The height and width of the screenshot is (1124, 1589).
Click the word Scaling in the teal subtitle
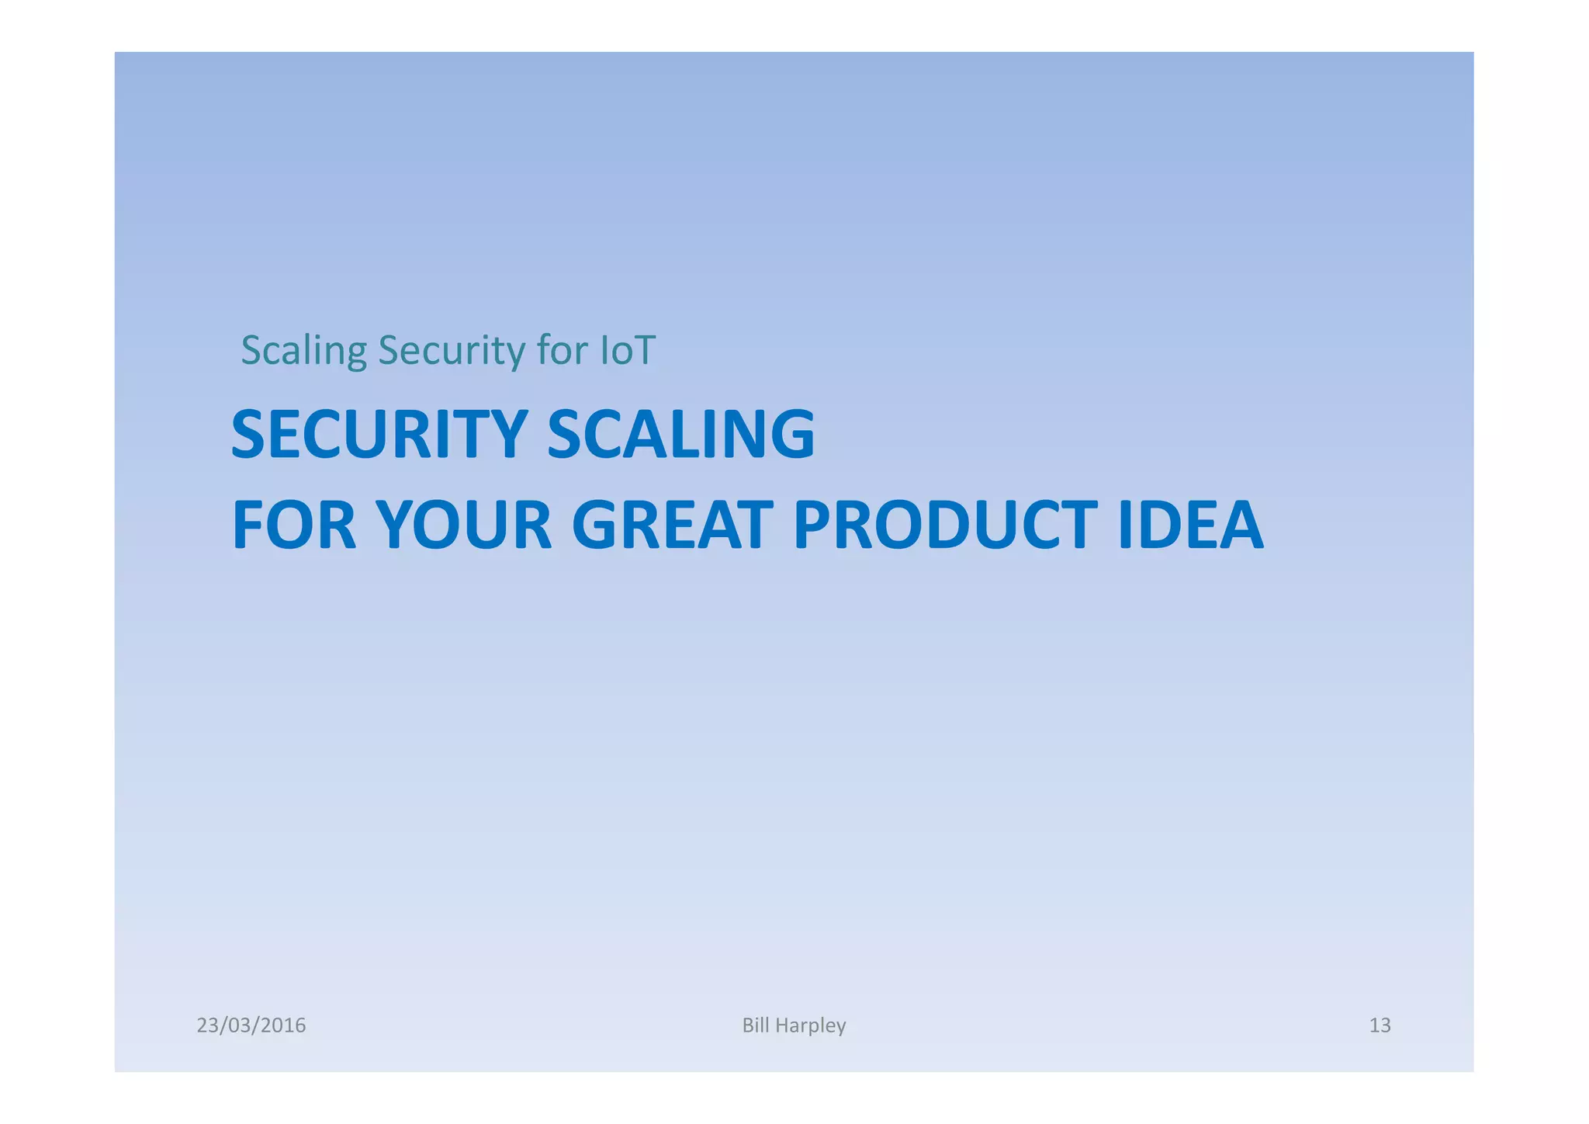click(303, 351)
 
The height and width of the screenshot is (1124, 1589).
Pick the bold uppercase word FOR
click(294, 526)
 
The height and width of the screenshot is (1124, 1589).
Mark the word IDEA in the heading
click(1191, 526)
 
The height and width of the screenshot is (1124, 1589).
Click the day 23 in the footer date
click(206, 1025)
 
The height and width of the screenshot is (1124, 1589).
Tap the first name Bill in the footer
click(756, 1025)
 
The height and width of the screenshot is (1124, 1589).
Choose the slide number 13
click(1380, 1025)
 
